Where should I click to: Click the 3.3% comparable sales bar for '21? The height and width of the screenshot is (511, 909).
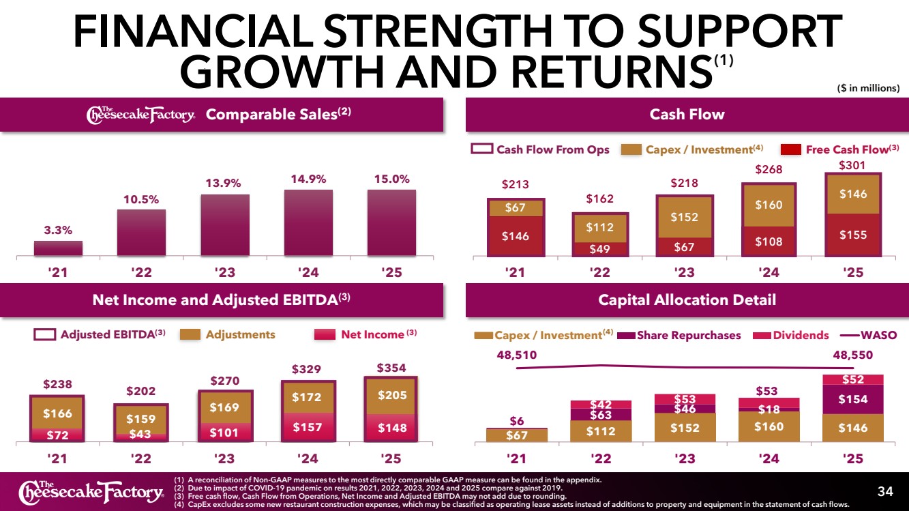pyautogui.click(x=58, y=248)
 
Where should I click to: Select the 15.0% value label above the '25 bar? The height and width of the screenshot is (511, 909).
pyautogui.click(x=391, y=179)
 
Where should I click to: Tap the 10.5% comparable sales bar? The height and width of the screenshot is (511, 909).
pyautogui.click(x=141, y=233)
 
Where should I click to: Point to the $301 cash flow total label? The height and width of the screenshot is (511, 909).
pyautogui.click(x=852, y=165)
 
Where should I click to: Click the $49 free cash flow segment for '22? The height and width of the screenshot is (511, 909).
pyautogui.click(x=600, y=249)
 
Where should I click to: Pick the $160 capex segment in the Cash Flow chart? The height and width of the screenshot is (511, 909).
pyautogui.click(x=769, y=205)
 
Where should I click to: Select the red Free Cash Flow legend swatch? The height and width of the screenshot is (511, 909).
pyautogui.click(x=790, y=149)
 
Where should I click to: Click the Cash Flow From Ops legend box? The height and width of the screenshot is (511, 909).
pyautogui.click(x=482, y=149)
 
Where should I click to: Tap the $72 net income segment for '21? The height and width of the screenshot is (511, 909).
pyautogui.click(x=57, y=435)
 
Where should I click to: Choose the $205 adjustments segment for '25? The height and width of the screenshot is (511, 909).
pyautogui.click(x=391, y=396)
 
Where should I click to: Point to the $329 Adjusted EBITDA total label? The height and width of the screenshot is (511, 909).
pyautogui.click(x=306, y=369)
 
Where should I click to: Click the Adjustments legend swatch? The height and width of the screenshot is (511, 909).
pyautogui.click(x=190, y=334)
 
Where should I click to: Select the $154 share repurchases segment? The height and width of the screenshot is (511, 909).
pyautogui.click(x=853, y=399)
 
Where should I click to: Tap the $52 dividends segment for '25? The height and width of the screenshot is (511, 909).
pyautogui.click(x=853, y=379)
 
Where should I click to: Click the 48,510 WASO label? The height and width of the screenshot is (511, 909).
pyautogui.click(x=517, y=355)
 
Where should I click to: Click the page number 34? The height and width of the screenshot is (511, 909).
pyautogui.click(x=885, y=491)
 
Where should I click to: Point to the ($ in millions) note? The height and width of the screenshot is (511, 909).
pyautogui.click(x=868, y=88)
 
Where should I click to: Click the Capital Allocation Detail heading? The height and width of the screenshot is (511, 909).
pyautogui.click(x=687, y=300)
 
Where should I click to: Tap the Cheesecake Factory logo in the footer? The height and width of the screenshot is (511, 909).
pyautogui.click(x=91, y=491)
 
